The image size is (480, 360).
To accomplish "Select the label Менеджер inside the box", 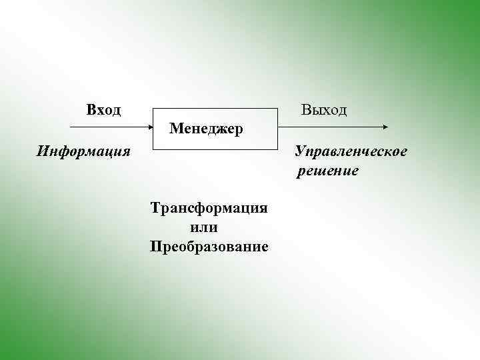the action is [207, 127].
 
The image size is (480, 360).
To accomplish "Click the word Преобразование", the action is [209, 247].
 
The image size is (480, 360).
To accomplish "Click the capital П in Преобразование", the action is [156, 247].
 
